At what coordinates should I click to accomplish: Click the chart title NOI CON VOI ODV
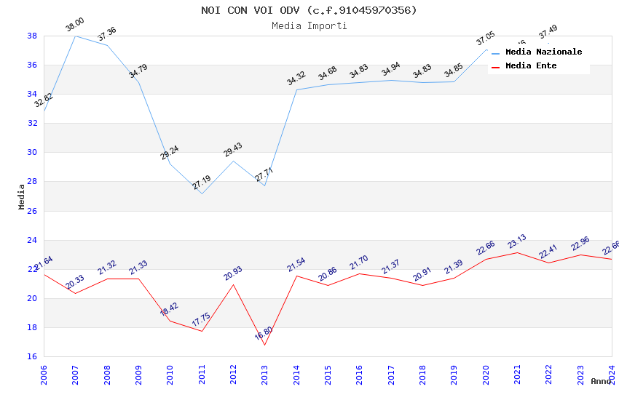[x=309, y=10]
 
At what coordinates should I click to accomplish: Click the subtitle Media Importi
[x=309, y=25]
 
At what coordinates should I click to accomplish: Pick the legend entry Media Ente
[x=531, y=66]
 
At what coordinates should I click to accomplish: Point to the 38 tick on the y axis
[x=32, y=36]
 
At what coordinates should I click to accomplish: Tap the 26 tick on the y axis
[x=32, y=211]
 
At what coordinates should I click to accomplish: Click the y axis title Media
[x=22, y=196]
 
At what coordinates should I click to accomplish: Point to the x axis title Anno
[x=601, y=381]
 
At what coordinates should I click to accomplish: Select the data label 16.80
[x=264, y=334]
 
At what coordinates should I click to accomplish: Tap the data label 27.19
[x=202, y=183]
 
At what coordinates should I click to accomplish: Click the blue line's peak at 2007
[x=75, y=36]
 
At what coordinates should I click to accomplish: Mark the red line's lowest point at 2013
[x=264, y=345]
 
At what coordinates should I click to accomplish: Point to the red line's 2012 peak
[x=233, y=284]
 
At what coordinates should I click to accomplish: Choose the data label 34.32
[x=296, y=79]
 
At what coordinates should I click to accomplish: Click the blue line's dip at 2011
[x=202, y=193]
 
